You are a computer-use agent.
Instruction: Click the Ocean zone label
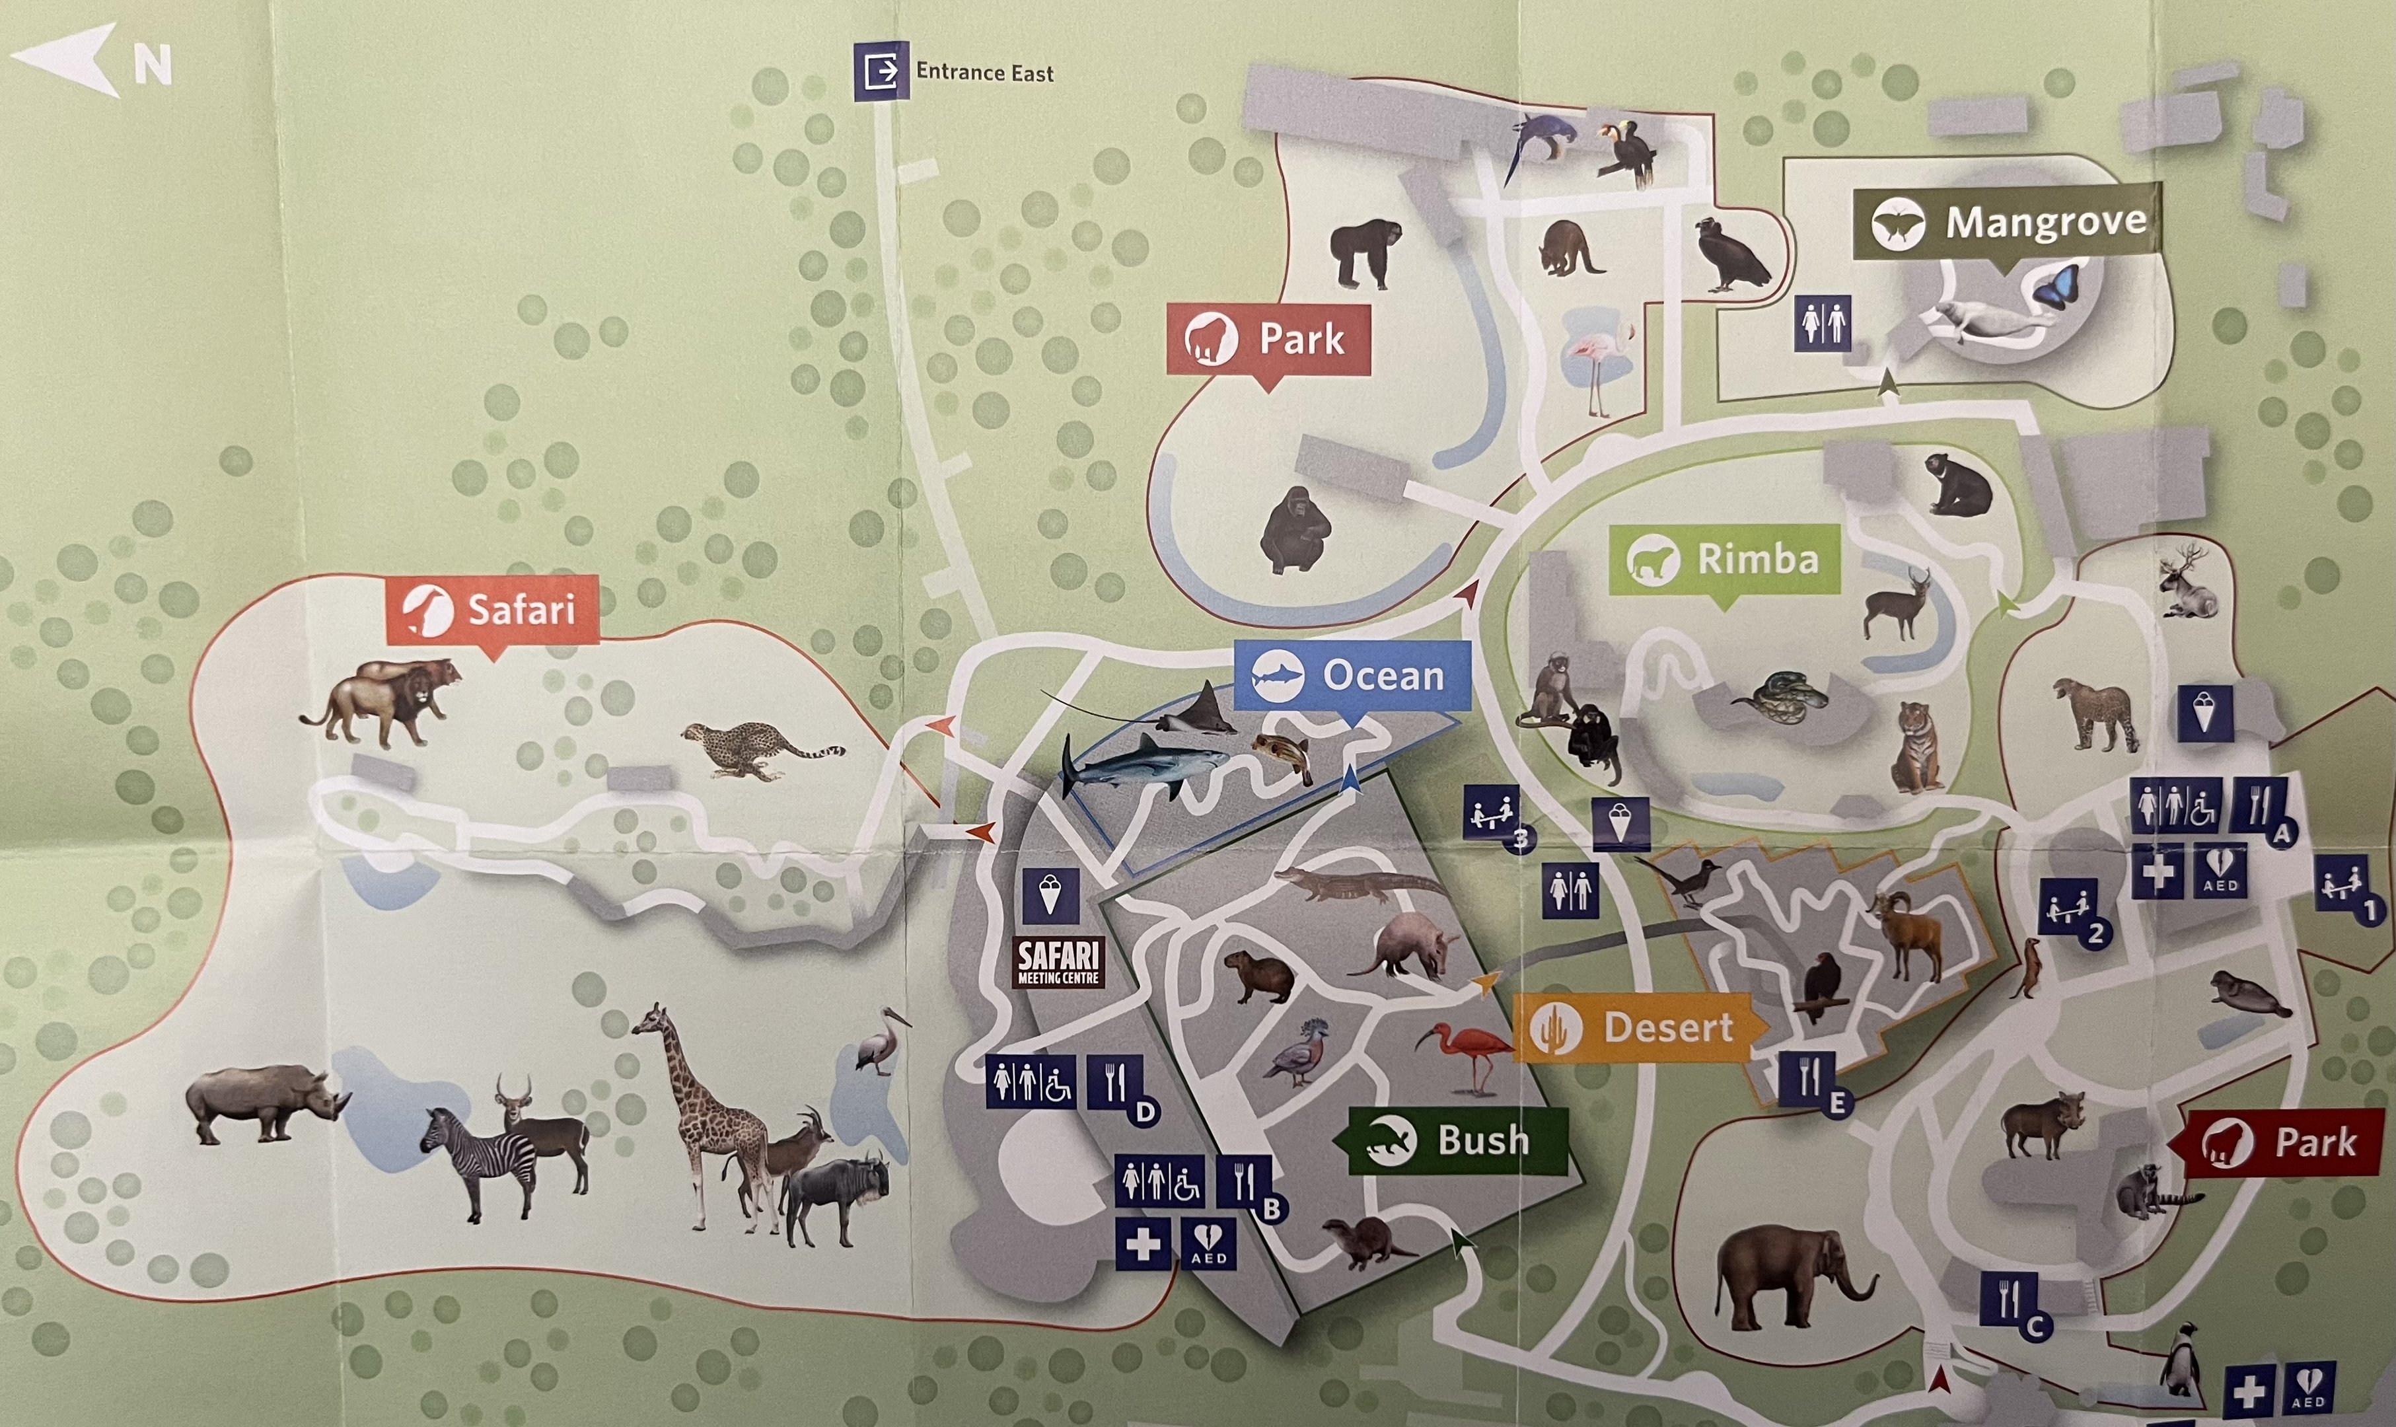(x=1352, y=675)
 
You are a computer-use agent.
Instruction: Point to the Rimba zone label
(x=1725, y=559)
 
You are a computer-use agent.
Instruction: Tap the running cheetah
(x=760, y=749)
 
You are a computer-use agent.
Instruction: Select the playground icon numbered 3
(x=1492, y=813)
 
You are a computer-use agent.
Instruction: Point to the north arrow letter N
(x=152, y=65)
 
